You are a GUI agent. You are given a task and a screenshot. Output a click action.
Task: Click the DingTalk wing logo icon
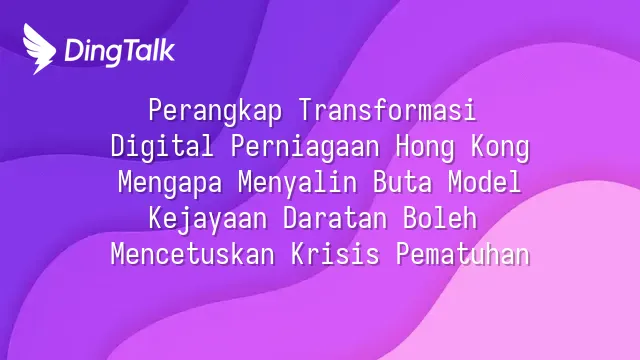click(39, 49)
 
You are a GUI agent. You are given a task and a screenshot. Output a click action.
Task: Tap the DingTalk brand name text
click(120, 52)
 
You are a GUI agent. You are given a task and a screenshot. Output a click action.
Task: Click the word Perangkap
click(215, 111)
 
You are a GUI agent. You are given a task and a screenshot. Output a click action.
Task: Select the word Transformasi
click(387, 110)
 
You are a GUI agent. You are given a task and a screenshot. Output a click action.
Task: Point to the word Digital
click(162, 147)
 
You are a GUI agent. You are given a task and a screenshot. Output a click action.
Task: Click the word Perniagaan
click(305, 147)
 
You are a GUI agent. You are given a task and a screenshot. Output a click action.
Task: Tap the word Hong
click(425, 147)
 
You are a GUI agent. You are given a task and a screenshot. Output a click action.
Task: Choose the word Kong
click(500, 147)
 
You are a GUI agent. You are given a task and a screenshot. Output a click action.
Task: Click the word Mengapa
click(170, 183)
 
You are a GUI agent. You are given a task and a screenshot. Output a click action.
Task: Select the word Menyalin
click(298, 183)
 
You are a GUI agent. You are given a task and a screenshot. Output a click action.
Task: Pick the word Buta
click(402, 182)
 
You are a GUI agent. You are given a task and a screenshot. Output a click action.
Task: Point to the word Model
click(484, 182)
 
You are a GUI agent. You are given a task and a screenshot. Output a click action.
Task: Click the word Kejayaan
click(208, 219)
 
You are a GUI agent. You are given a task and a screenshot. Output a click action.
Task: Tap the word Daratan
click(335, 218)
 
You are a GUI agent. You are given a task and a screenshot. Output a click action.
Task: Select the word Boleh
click(440, 218)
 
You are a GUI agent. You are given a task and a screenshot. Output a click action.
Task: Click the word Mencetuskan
click(193, 254)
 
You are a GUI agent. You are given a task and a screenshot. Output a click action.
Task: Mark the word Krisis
click(335, 254)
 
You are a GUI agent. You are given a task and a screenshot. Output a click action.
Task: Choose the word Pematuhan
click(463, 254)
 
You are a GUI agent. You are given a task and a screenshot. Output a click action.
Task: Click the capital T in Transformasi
click(305, 110)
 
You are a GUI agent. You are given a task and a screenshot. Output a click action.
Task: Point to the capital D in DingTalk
click(73, 50)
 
